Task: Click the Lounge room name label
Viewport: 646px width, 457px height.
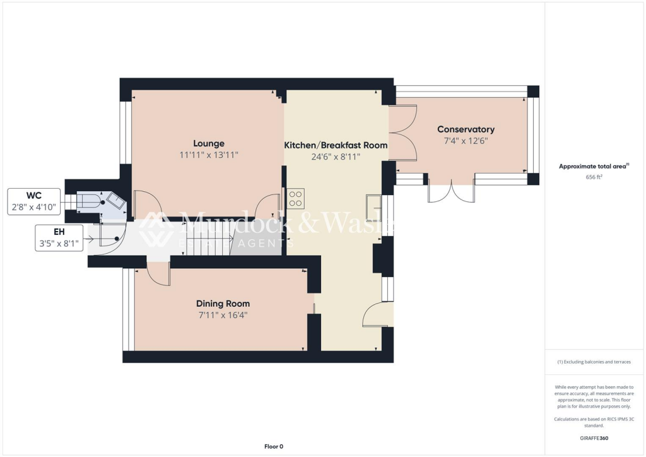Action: coord(208,143)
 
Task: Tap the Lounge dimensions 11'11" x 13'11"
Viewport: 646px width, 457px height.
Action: coord(208,155)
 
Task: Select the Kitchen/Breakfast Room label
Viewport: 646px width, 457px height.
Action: coord(336,145)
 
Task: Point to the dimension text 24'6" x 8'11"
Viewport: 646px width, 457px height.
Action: coord(336,157)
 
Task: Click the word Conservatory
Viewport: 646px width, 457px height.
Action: coord(466,129)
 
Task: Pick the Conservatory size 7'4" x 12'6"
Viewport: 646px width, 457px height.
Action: coord(466,141)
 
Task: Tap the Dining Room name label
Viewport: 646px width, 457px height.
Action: coord(223,303)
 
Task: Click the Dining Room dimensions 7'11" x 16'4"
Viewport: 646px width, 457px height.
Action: coord(223,314)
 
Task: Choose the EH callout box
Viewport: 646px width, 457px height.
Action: coord(59,237)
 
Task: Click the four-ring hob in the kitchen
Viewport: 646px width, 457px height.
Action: coord(295,198)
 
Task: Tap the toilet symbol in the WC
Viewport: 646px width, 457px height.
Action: coord(88,201)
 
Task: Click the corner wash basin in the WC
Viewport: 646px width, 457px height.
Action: coord(116,201)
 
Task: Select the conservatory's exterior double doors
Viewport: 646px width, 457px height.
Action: coord(452,191)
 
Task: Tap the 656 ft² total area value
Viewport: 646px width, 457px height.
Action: coord(592,177)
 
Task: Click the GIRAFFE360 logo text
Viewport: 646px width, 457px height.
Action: coord(592,437)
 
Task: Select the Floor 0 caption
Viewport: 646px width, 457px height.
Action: coord(273,446)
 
